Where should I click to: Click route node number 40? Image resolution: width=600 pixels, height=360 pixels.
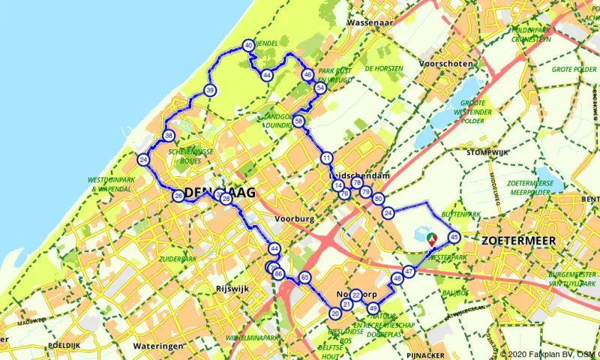click(248, 46)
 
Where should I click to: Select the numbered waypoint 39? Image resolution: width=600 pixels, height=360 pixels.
click(210, 91)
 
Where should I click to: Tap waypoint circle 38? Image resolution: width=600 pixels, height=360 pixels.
click(169, 136)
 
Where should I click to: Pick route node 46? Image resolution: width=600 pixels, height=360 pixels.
click(307, 75)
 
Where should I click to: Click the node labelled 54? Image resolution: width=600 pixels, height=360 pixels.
click(320, 88)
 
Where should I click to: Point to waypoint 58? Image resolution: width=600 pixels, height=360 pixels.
click(298, 121)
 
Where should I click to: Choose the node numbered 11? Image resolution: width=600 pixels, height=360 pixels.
click(326, 158)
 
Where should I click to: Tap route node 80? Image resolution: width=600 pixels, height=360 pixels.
click(378, 199)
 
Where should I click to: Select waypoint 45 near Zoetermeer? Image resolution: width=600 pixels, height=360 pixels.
click(454, 237)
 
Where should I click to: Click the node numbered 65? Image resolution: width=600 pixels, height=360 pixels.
click(304, 277)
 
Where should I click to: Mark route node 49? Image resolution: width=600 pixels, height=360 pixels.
click(373, 308)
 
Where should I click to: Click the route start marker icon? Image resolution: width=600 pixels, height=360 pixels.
click(432, 238)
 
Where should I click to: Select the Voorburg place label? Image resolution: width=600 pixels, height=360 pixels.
click(293, 218)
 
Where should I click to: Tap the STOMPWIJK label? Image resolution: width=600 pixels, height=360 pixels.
click(487, 152)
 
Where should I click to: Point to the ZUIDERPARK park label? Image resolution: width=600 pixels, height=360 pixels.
click(178, 259)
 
